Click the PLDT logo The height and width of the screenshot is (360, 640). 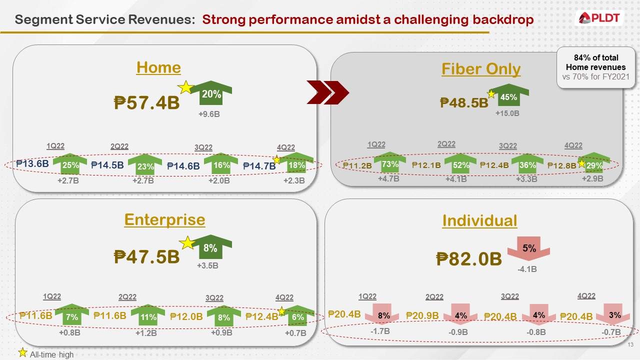coord(599,18)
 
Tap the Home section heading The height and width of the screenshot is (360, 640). coord(158,67)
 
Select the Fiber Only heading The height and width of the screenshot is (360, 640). coord(480,69)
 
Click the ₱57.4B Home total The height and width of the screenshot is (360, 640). coord(146,103)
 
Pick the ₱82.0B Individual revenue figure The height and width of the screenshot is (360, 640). coord(468,258)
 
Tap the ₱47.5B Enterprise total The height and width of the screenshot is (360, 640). coord(146,256)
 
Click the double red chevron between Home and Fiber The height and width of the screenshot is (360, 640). coord(327,92)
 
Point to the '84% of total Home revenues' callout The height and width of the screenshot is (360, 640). coord(595,67)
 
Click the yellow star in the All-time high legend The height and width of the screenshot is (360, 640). coord(22,353)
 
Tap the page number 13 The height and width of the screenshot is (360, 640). coord(630,345)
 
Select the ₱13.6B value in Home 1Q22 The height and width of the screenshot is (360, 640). coord(32,163)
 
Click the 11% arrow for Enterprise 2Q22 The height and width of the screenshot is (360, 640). coord(148,316)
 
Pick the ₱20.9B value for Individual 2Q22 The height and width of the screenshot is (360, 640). coord(422,315)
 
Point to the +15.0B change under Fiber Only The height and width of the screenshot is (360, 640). coord(507,113)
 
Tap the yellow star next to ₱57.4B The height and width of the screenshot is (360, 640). coord(185,87)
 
